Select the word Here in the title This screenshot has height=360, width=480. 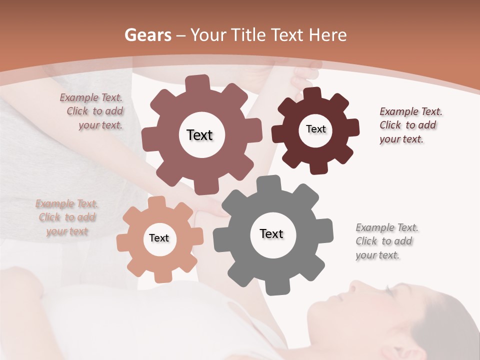(x=328, y=35)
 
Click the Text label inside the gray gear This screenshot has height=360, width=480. (x=271, y=234)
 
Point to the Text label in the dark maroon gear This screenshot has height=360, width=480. (x=315, y=129)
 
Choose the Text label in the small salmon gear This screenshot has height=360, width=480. (x=159, y=238)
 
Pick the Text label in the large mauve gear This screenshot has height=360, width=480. (x=199, y=135)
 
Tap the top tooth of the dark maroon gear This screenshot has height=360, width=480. (x=312, y=93)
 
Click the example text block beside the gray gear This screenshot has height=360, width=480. (x=387, y=241)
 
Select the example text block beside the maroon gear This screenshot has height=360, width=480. (x=410, y=125)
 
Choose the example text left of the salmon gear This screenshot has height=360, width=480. (x=67, y=217)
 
